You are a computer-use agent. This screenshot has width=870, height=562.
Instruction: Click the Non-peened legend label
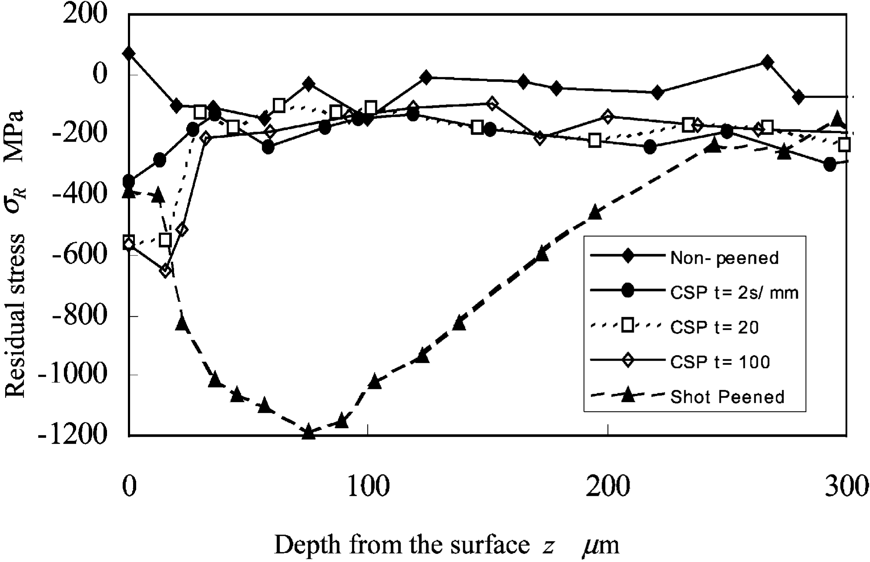coord(724,258)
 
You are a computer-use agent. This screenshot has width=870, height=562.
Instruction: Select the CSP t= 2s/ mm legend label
coord(734,293)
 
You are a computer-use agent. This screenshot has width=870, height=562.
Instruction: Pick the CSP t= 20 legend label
coord(714,327)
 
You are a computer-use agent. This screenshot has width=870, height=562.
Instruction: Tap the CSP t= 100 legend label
coord(720,362)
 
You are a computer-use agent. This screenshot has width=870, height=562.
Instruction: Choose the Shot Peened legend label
coord(727,397)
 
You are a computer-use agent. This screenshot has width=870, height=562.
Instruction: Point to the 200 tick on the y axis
coord(85,14)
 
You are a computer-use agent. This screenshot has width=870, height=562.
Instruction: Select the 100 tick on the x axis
coord(368,486)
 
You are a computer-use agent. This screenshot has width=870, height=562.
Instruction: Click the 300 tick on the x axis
coord(847,486)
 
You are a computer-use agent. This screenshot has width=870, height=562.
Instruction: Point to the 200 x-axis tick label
coord(607,486)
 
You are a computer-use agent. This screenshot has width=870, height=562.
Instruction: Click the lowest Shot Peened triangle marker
coord(308,432)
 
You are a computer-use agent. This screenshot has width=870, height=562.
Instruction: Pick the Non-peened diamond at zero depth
coord(129,53)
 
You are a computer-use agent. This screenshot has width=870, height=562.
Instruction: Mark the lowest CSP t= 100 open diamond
coord(165,271)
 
